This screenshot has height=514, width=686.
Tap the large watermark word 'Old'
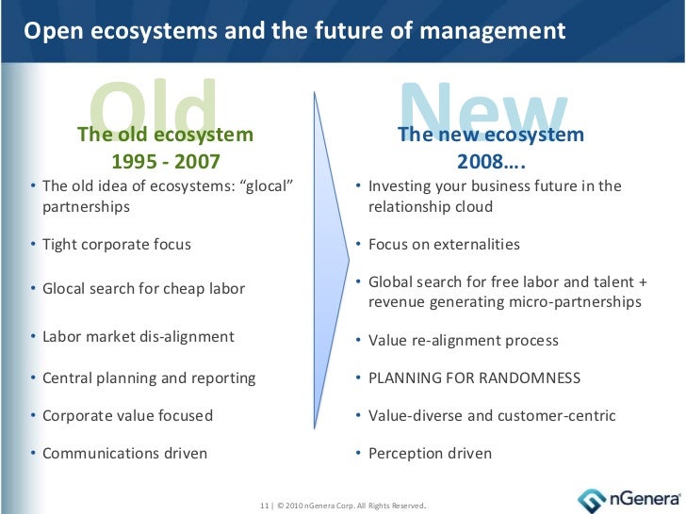tap(155, 105)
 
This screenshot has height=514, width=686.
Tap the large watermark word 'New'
tap(486, 105)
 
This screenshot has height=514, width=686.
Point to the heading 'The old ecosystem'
tap(166, 135)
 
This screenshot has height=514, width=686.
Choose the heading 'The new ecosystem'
tap(491, 135)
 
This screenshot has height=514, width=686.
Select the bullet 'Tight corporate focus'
tap(117, 245)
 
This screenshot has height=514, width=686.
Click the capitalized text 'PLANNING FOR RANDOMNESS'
tap(474, 378)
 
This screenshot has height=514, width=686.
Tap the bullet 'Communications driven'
tap(124, 454)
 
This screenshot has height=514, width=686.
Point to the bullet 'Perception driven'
tap(430, 454)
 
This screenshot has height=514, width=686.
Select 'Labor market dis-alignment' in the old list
tap(139, 336)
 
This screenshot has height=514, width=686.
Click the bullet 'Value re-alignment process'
tap(463, 341)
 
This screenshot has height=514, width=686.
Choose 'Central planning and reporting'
tap(149, 378)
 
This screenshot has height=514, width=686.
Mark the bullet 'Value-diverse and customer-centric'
tap(492, 416)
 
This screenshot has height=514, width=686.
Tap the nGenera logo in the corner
tap(622, 497)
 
